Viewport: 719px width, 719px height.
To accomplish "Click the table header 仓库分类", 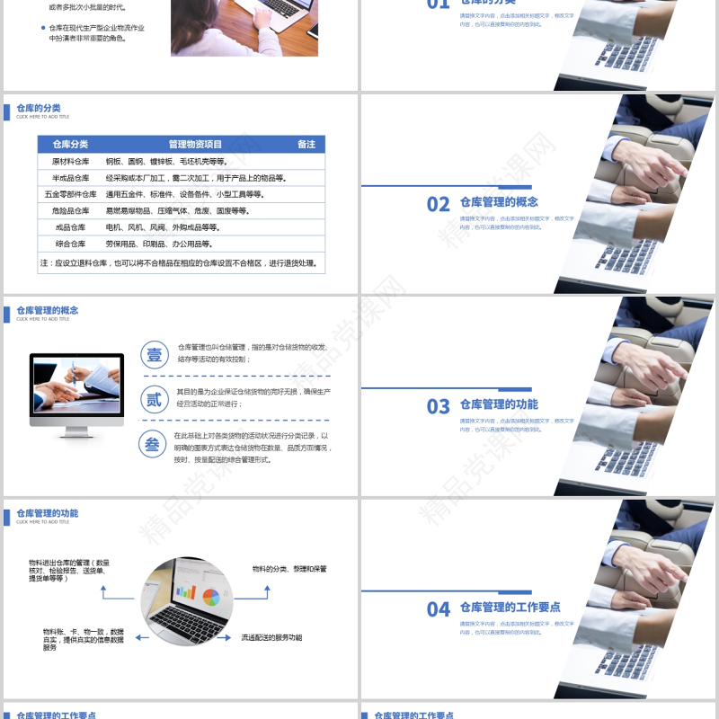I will pos(70,145).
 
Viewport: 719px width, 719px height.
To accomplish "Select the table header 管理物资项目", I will pos(195,145).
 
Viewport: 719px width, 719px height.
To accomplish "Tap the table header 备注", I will pos(306,145).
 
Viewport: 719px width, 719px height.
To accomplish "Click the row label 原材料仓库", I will pos(70,162).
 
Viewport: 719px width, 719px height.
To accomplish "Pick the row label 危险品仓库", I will pos(70,210).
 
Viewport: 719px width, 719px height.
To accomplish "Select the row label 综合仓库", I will pos(70,244).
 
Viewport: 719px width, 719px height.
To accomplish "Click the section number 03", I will pos(439,407).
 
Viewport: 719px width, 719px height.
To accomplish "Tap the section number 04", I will pos(439,610).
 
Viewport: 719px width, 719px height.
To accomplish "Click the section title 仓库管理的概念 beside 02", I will pos(499,202).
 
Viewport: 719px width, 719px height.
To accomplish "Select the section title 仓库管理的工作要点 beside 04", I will pos(510,608).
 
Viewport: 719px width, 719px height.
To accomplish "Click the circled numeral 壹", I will pos(155,354).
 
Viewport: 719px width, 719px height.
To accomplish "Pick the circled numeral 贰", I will pos(155,399).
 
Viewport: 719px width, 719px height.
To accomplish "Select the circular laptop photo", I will pos(187,599).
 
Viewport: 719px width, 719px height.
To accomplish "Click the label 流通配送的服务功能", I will pos(271,638).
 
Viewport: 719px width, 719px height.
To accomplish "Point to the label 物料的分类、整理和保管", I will pos(289,569).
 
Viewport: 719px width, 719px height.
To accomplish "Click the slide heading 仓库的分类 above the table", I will pos(38,108).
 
